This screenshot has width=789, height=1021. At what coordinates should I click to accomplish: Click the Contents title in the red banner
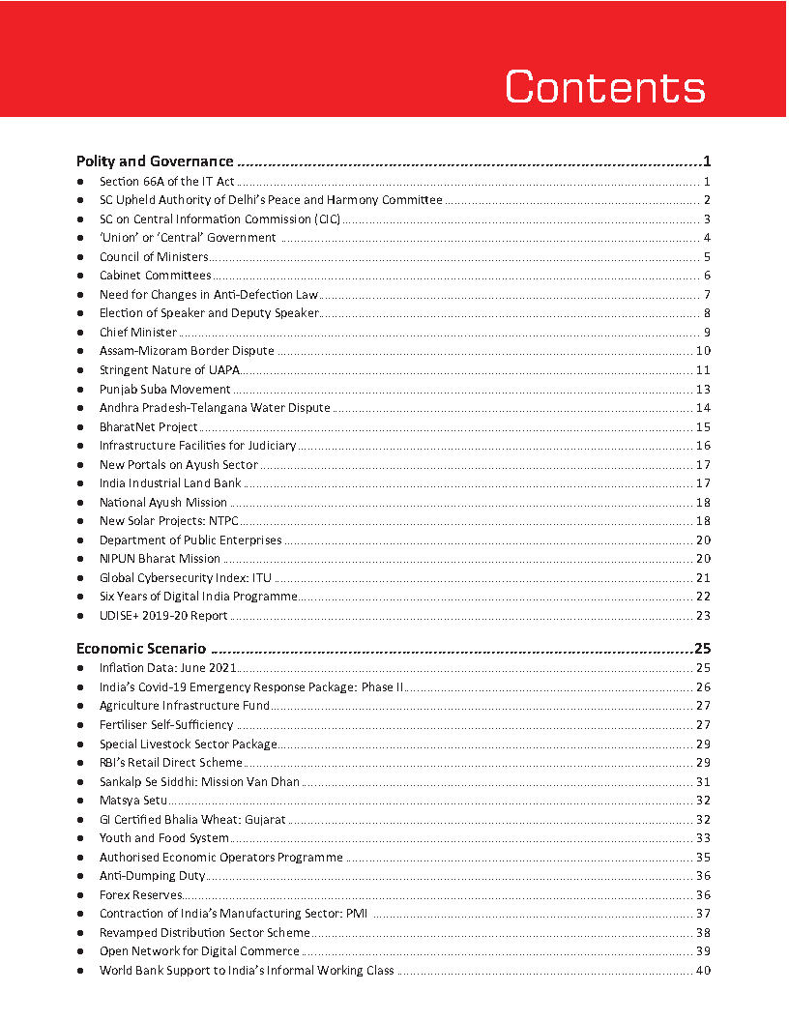click(605, 87)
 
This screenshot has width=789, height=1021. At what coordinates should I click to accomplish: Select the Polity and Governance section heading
click(155, 161)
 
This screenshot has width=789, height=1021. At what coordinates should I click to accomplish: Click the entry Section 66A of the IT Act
click(166, 182)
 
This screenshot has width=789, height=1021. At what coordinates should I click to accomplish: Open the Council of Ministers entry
click(154, 257)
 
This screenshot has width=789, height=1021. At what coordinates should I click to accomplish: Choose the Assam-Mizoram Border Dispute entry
click(187, 351)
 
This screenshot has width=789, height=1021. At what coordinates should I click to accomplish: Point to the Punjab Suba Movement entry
click(164, 389)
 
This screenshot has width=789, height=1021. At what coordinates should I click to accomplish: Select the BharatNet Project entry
click(148, 426)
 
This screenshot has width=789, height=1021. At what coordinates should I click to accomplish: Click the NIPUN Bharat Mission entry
click(160, 559)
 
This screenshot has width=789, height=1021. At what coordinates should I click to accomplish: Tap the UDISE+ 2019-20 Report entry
click(163, 616)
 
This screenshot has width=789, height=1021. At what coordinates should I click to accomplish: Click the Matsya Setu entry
click(133, 801)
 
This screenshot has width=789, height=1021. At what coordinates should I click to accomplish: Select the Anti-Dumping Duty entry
click(152, 876)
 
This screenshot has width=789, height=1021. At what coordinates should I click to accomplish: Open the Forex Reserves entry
click(140, 895)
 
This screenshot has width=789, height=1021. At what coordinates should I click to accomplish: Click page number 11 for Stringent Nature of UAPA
click(703, 370)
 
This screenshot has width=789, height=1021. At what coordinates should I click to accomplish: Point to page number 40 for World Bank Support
click(703, 971)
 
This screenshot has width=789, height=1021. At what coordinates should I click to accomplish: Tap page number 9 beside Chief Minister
click(707, 333)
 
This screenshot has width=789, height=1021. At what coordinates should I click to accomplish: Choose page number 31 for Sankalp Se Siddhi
click(703, 782)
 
